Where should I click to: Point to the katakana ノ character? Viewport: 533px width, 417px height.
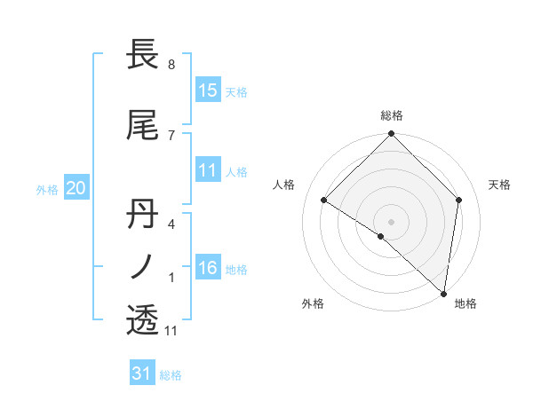pyautogui.click(x=142, y=265)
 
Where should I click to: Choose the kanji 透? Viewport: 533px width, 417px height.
pyautogui.click(x=142, y=319)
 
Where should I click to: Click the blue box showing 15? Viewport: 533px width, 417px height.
pyautogui.click(x=208, y=90)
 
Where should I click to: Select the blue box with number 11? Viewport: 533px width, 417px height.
pyautogui.click(x=208, y=171)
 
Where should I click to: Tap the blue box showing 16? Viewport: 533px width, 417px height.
pyautogui.click(x=208, y=269)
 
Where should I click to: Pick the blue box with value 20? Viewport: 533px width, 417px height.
pyautogui.click(x=76, y=187)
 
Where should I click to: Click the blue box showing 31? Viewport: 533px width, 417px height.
pyautogui.click(x=142, y=374)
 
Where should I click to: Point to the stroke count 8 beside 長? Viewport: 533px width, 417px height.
pyautogui.click(x=171, y=65)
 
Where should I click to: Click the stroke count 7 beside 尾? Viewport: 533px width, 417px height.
pyautogui.click(x=171, y=135)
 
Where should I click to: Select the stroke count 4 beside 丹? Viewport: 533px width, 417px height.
pyautogui.click(x=171, y=224)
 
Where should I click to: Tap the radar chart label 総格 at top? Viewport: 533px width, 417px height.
pyautogui.click(x=392, y=115)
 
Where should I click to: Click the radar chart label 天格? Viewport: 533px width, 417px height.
pyautogui.click(x=499, y=185)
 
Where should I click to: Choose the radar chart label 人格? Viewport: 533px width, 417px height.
pyautogui.click(x=284, y=185)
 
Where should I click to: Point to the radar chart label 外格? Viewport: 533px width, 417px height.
pyautogui.click(x=313, y=303)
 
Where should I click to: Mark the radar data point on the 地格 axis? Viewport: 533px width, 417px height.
pyautogui.click(x=444, y=293)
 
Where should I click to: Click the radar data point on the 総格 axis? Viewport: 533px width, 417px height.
pyautogui.click(x=392, y=134)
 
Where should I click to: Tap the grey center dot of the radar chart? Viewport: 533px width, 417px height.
pyautogui.click(x=392, y=221)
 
